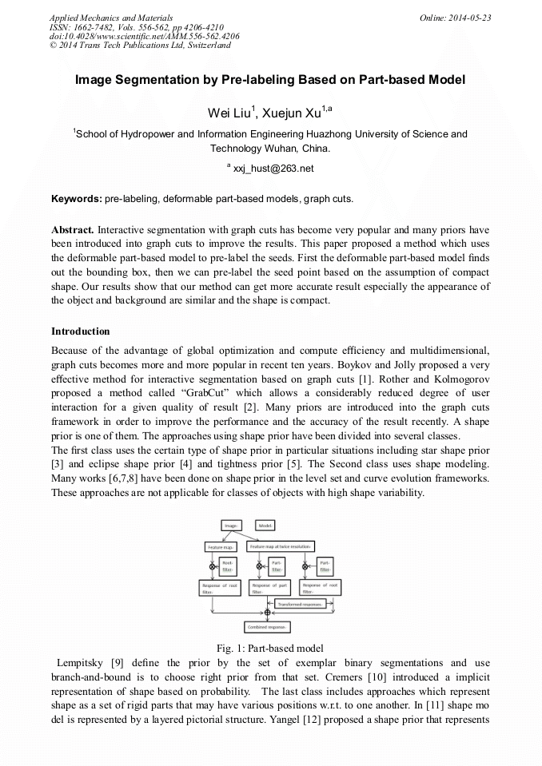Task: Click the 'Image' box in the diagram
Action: point(233,526)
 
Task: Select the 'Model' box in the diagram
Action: point(266,526)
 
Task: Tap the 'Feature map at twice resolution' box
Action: point(281,547)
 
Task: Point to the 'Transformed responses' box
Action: point(300,605)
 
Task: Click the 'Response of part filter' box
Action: point(269,588)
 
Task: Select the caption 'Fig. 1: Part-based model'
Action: point(270,648)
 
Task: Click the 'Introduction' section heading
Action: point(81,331)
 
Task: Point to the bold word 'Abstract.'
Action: point(73,229)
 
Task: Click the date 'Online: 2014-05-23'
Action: point(455,17)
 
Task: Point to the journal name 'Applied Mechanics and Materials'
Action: point(111,17)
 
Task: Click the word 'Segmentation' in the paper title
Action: point(150,80)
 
